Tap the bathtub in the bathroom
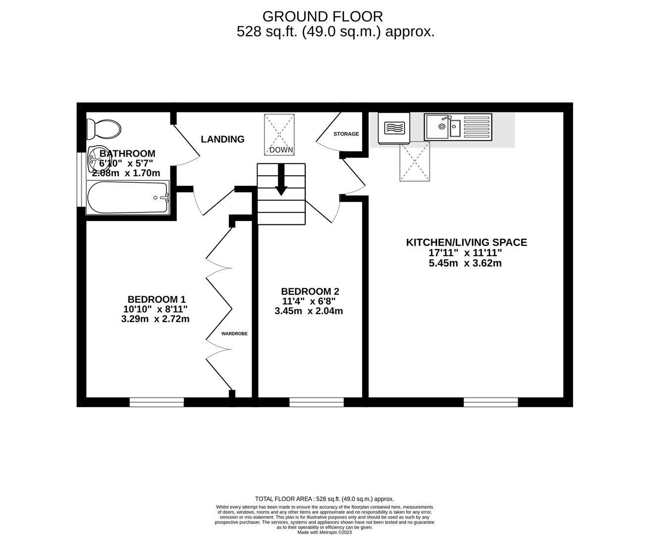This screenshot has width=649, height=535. tap(128, 198)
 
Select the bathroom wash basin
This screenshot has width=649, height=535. tap(94, 159)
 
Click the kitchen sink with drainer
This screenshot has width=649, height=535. tap(458, 127)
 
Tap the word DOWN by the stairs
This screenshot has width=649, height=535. tap(281, 150)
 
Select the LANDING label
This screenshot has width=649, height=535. tap(222, 139)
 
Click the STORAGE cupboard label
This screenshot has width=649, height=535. tap(346, 134)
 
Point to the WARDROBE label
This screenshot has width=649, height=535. tap(234, 333)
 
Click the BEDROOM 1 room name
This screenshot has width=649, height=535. tap(156, 299)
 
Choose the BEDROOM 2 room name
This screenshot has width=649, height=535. tap(310, 291)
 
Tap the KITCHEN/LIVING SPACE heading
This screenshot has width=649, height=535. tap(466, 242)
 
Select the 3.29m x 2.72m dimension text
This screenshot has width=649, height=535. tap(155, 319)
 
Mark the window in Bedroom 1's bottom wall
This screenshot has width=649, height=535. tap(157, 402)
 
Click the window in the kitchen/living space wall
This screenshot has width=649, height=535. tap(490, 402)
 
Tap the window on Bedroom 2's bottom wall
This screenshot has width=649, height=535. tap(316, 402)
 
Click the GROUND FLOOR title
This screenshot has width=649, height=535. tap(323, 16)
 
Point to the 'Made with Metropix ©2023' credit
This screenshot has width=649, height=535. tap(324, 532)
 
